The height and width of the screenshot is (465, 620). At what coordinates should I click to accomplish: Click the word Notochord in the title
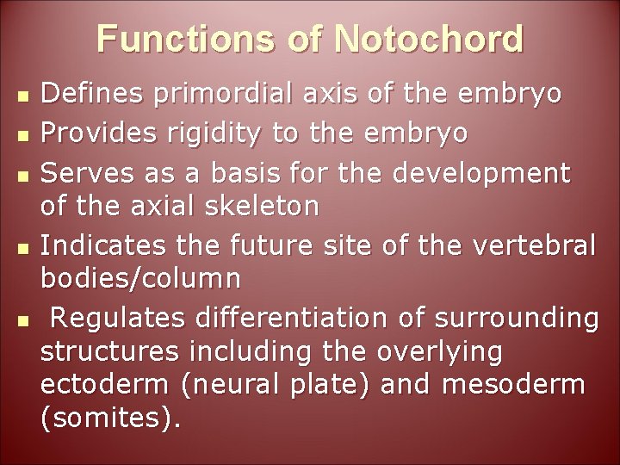(x=429, y=40)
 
